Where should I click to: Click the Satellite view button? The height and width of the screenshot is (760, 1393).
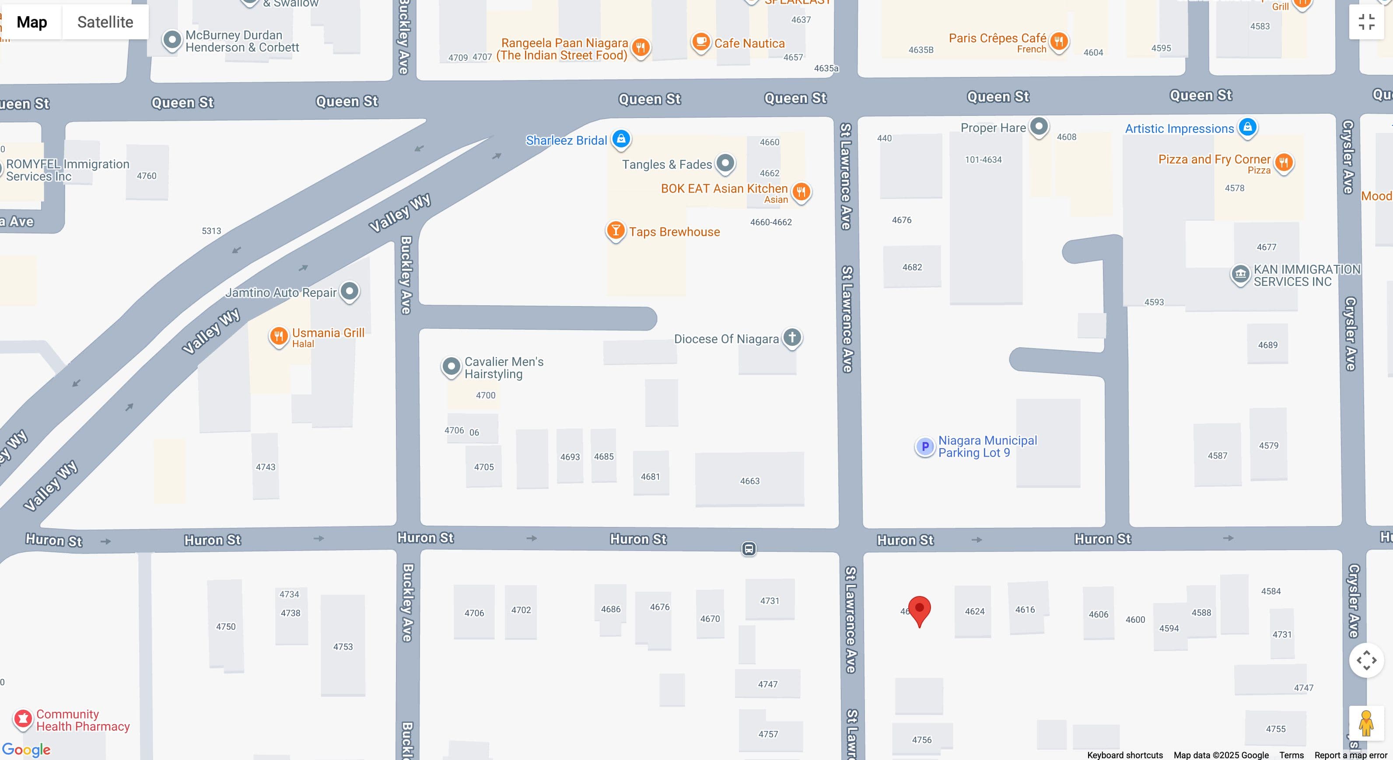coord(105,22)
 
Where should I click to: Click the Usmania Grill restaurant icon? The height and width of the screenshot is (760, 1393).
coord(279,337)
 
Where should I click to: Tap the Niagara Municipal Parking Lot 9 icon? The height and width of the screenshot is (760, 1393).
coord(925,446)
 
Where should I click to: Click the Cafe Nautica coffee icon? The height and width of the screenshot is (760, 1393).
coord(701,42)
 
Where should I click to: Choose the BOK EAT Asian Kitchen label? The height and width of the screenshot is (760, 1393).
coord(724,188)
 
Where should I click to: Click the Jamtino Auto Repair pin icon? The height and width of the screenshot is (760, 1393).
coord(349,291)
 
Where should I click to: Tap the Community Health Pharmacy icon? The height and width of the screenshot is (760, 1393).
coord(23,719)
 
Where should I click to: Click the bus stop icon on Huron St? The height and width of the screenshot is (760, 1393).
coord(749,549)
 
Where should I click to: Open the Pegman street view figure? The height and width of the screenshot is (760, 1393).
coord(1366,723)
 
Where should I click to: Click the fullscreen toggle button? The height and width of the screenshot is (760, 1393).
coord(1366,22)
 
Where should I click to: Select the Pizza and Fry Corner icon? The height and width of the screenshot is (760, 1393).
coord(1284,162)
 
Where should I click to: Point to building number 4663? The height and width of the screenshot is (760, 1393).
coord(749,481)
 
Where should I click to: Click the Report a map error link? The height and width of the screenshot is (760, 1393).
coord(1350,755)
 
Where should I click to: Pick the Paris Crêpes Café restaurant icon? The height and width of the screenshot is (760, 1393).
coord(1059,41)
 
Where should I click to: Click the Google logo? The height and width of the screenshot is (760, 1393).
coord(26,749)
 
